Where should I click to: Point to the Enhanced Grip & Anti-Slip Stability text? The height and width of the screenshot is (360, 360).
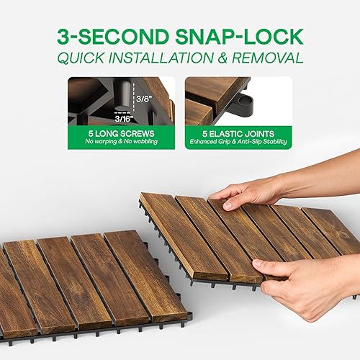pos(238,143)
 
